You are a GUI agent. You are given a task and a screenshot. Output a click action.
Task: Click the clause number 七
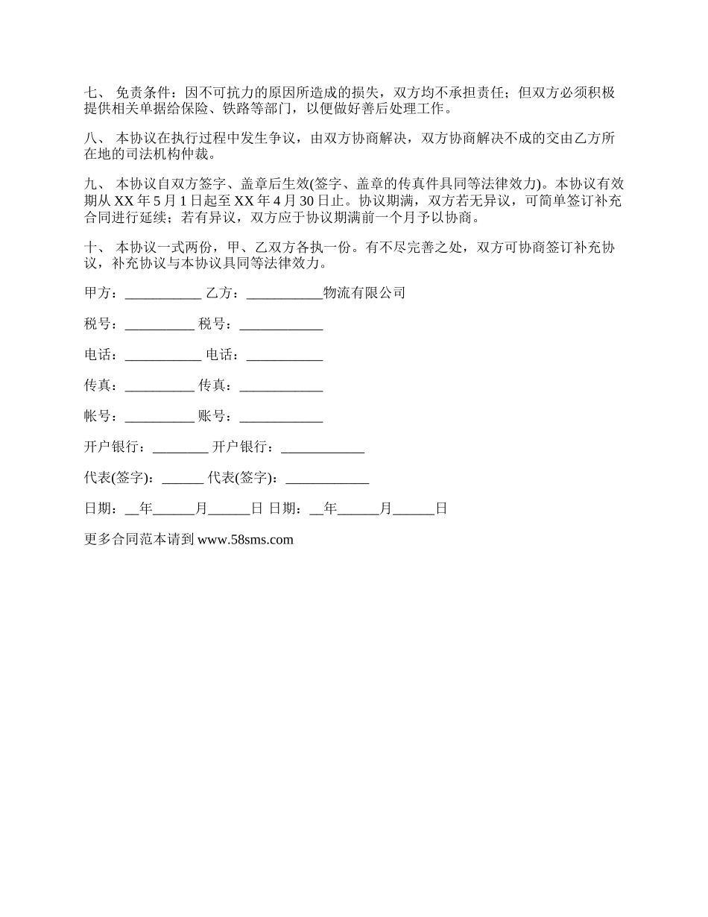[92, 93]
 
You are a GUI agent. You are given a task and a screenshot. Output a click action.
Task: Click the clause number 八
[92, 139]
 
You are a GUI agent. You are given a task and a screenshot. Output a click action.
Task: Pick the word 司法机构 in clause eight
[165, 155]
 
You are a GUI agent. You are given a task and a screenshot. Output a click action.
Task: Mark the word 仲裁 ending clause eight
[205, 155]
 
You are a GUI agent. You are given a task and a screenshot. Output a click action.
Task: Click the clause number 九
[92, 184]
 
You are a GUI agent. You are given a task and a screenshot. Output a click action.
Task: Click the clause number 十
[92, 247]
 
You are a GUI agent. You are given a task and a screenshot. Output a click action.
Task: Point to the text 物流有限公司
[364, 293]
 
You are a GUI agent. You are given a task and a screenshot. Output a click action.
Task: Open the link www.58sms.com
[246, 540]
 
